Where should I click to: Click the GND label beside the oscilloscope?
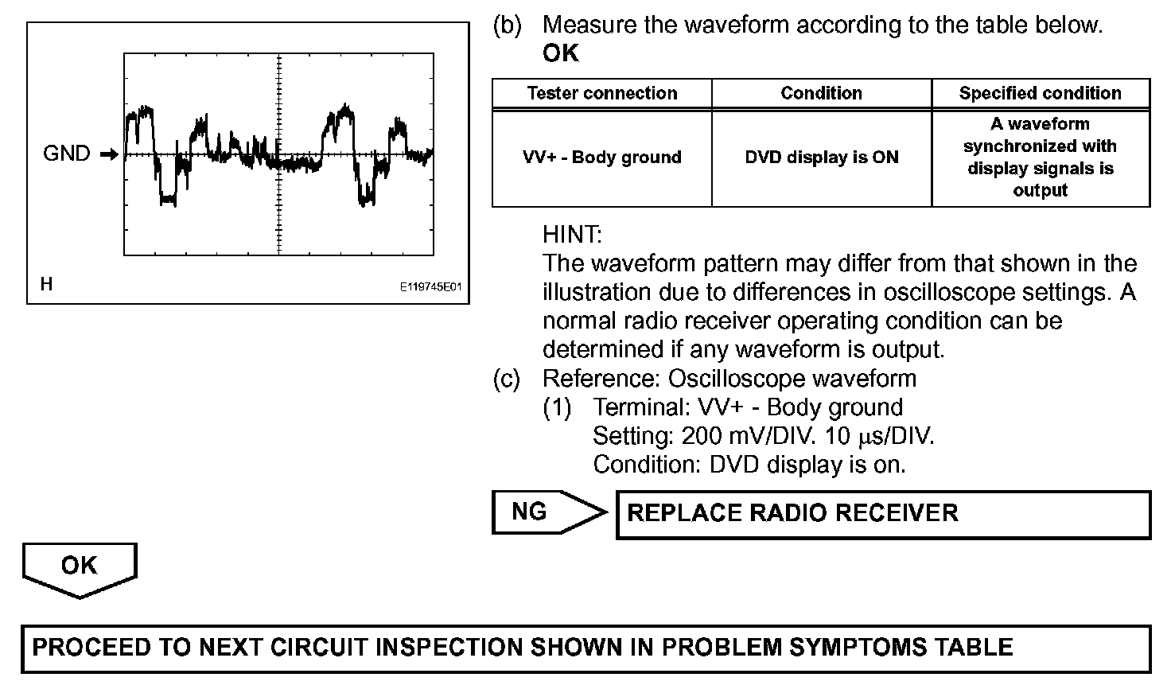(67, 154)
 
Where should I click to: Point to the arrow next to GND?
(109, 154)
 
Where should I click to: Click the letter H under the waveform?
(46, 284)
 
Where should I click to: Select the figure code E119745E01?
(430, 287)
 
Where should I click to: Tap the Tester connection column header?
(602, 93)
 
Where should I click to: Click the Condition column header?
(821, 93)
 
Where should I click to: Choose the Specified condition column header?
(1040, 93)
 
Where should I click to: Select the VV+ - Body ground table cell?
(602, 158)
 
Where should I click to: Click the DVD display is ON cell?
(821, 158)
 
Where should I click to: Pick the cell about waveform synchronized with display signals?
(1040, 158)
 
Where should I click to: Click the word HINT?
(572, 235)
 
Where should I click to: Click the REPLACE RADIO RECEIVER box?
(883, 514)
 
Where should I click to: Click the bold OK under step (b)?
(561, 54)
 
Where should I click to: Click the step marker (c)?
(507, 379)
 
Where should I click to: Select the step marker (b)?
(507, 25)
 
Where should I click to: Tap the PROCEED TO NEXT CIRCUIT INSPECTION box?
(585, 648)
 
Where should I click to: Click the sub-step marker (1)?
(557, 407)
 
